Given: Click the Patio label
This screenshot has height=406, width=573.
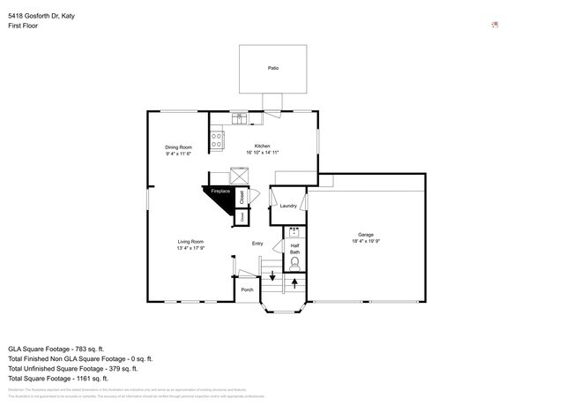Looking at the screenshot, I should (x=272, y=67).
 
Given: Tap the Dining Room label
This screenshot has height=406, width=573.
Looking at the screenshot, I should (x=178, y=147).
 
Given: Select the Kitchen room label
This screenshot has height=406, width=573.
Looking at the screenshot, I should (x=262, y=146).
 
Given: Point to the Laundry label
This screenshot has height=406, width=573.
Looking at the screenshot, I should (x=287, y=206).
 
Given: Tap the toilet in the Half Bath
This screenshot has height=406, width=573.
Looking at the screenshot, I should (x=294, y=263).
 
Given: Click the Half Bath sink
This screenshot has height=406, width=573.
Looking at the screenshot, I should (x=295, y=233).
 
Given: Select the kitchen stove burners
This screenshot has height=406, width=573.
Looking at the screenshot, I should (x=216, y=139).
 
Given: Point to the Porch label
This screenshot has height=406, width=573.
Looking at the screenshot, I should (x=247, y=289).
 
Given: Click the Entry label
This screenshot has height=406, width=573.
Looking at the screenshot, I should (x=257, y=244).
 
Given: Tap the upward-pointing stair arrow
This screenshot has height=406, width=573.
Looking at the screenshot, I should (x=295, y=282).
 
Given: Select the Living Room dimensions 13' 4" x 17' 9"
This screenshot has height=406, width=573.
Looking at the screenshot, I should (x=190, y=248).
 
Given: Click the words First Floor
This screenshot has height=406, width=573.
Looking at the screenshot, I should (x=23, y=26).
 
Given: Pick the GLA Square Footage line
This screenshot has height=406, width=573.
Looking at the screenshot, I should (x=57, y=348).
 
